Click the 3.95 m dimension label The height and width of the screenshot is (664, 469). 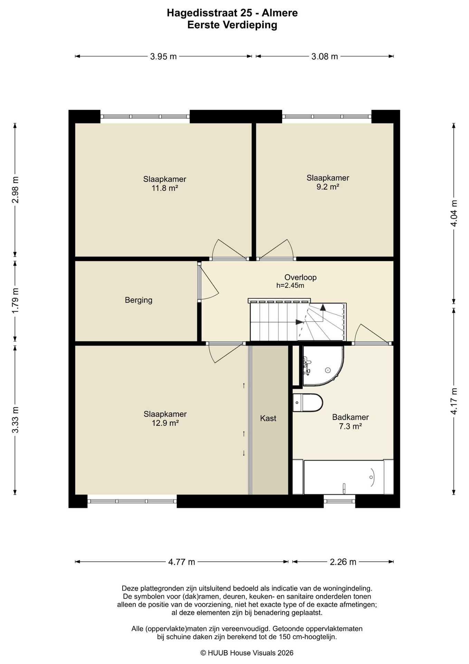click(163, 56)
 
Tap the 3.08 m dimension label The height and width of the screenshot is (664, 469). click(325, 56)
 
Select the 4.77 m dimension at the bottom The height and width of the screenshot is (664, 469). click(182, 562)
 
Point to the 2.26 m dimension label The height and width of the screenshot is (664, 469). click(343, 562)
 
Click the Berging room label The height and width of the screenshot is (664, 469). click(138, 300)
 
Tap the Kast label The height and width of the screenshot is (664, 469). click(268, 418)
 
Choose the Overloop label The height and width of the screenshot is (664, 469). click(300, 277)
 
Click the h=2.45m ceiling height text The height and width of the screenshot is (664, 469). click(290, 286)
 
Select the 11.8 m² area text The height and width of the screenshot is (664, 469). click(165, 188)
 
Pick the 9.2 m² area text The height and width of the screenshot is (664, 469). click(328, 187)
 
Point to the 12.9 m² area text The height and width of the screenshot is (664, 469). click(165, 423)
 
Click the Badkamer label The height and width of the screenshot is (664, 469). click(350, 417)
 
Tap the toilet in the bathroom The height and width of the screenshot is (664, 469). click(307, 403)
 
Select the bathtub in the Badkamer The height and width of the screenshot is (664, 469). click(343, 477)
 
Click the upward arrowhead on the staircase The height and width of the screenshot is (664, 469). click(323, 307)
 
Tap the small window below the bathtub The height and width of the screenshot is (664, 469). click(339, 500)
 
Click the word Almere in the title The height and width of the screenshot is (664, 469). click(279, 13)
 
